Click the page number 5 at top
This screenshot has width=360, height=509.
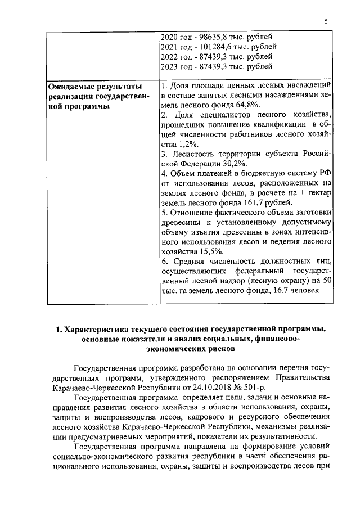coord(326,21)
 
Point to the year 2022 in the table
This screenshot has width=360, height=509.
coord(170,57)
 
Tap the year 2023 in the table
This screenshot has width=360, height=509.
coord(170,67)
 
